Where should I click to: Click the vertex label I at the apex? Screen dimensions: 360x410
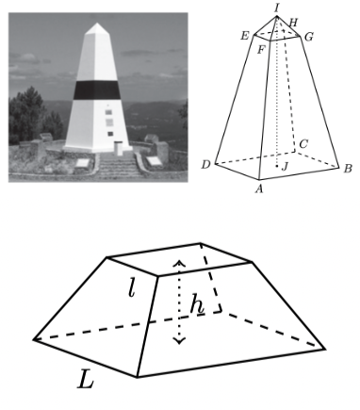277,8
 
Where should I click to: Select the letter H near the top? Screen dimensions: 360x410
292,23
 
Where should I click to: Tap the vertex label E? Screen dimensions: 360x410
245,36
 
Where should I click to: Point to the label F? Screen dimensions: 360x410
261,50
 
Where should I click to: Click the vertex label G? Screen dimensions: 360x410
309,37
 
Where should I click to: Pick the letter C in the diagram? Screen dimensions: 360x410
303,144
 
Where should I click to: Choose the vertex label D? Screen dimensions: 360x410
205,164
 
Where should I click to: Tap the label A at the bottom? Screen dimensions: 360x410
259,189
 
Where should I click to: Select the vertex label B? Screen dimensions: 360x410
348,169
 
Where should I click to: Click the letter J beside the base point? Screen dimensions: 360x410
285,167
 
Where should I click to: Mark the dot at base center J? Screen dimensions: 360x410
277,166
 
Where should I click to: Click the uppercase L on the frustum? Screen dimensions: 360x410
86,379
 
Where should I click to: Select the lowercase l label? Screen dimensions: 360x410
132,287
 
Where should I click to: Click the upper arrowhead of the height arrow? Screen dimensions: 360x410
179,264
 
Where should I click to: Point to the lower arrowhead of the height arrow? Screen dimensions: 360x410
179,340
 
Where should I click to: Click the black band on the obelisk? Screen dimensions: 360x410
97,90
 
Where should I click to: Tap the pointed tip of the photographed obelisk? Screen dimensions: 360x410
97,24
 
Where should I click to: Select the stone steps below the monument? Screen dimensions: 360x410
117,167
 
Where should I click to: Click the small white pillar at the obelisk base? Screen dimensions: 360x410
118,148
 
